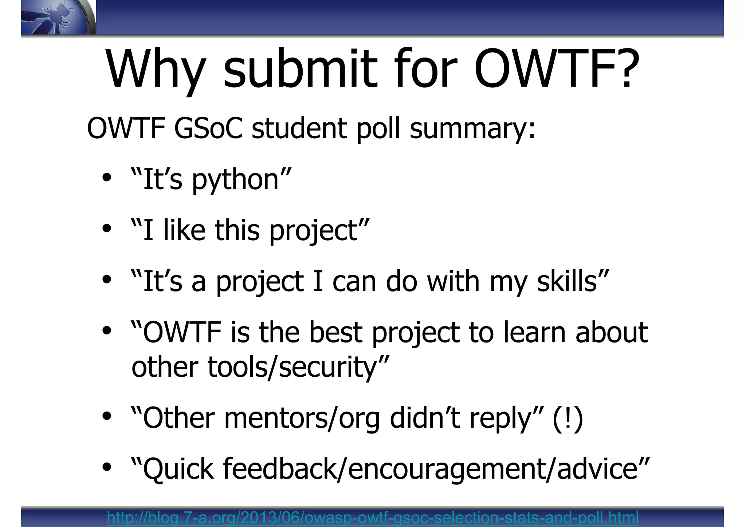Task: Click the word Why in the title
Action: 155,70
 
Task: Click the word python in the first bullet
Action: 235,180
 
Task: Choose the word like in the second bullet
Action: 184,230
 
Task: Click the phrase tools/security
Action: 291,367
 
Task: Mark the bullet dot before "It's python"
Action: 107,178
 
